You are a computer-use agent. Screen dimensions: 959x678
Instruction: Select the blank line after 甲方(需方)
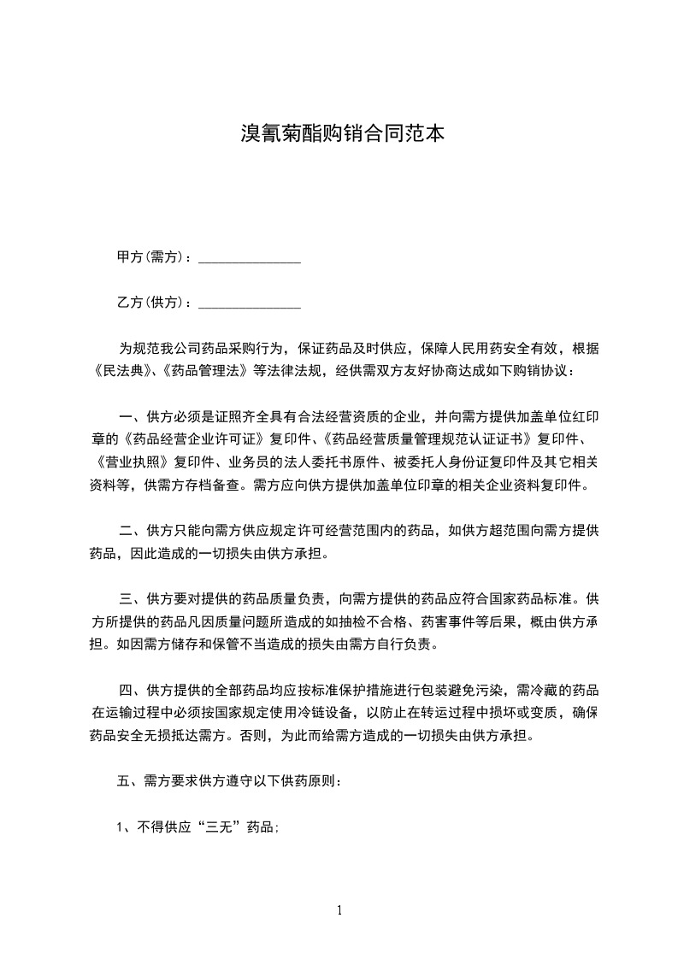pos(249,258)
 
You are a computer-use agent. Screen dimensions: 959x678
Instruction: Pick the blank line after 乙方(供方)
pos(249,304)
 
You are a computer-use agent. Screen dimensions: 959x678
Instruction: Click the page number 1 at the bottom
pos(339,910)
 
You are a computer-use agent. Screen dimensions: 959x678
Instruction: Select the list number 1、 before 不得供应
pos(124,827)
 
